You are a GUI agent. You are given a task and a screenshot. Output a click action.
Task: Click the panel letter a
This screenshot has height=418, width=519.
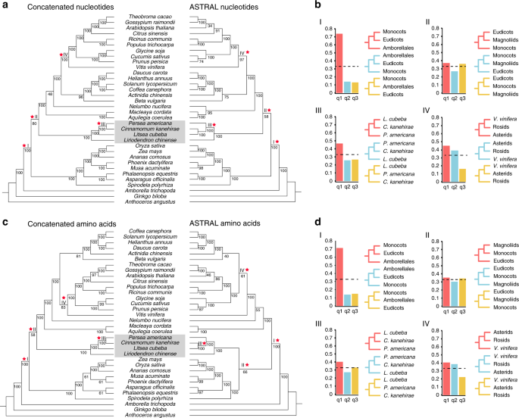5,5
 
